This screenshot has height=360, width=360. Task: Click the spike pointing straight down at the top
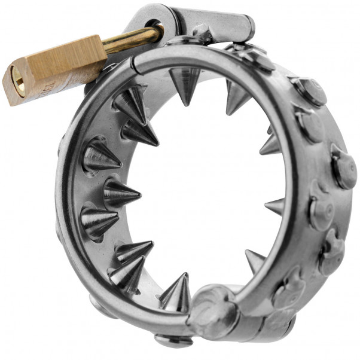pos(184,81)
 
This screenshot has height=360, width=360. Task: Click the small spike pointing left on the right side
pos(274,206)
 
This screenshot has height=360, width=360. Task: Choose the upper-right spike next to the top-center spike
pos(236,96)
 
